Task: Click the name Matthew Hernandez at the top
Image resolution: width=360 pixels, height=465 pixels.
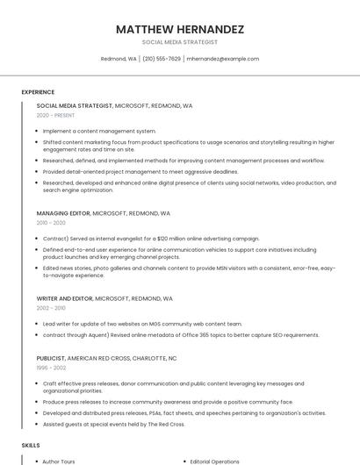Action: (x=180, y=29)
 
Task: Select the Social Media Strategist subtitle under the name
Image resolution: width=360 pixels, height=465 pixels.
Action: (x=180, y=42)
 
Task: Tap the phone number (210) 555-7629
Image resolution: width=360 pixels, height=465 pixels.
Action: (x=162, y=59)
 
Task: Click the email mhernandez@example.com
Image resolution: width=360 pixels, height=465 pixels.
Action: (x=223, y=59)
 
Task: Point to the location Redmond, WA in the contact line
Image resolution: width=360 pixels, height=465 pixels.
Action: (x=119, y=59)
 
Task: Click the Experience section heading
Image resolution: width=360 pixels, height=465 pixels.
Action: (x=38, y=92)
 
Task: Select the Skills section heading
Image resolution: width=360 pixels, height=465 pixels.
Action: (x=31, y=446)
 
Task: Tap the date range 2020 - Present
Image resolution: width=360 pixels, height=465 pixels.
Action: (x=55, y=116)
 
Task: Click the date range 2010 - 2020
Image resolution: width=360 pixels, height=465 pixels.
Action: (x=51, y=223)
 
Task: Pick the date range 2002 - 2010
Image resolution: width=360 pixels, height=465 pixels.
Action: (x=51, y=308)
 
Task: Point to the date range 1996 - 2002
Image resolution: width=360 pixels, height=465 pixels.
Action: (x=51, y=368)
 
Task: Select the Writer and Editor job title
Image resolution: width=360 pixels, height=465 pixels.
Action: (x=65, y=298)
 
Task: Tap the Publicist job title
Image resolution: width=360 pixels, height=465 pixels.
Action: (x=51, y=358)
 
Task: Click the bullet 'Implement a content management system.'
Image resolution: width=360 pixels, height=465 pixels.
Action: (x=99, y=131)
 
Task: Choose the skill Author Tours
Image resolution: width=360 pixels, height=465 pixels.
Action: (x=59, y=461)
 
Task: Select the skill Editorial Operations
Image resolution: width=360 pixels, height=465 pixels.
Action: (x=215, y=461)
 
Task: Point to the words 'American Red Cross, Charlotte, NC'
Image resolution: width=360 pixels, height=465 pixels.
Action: (x=122, y=358)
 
